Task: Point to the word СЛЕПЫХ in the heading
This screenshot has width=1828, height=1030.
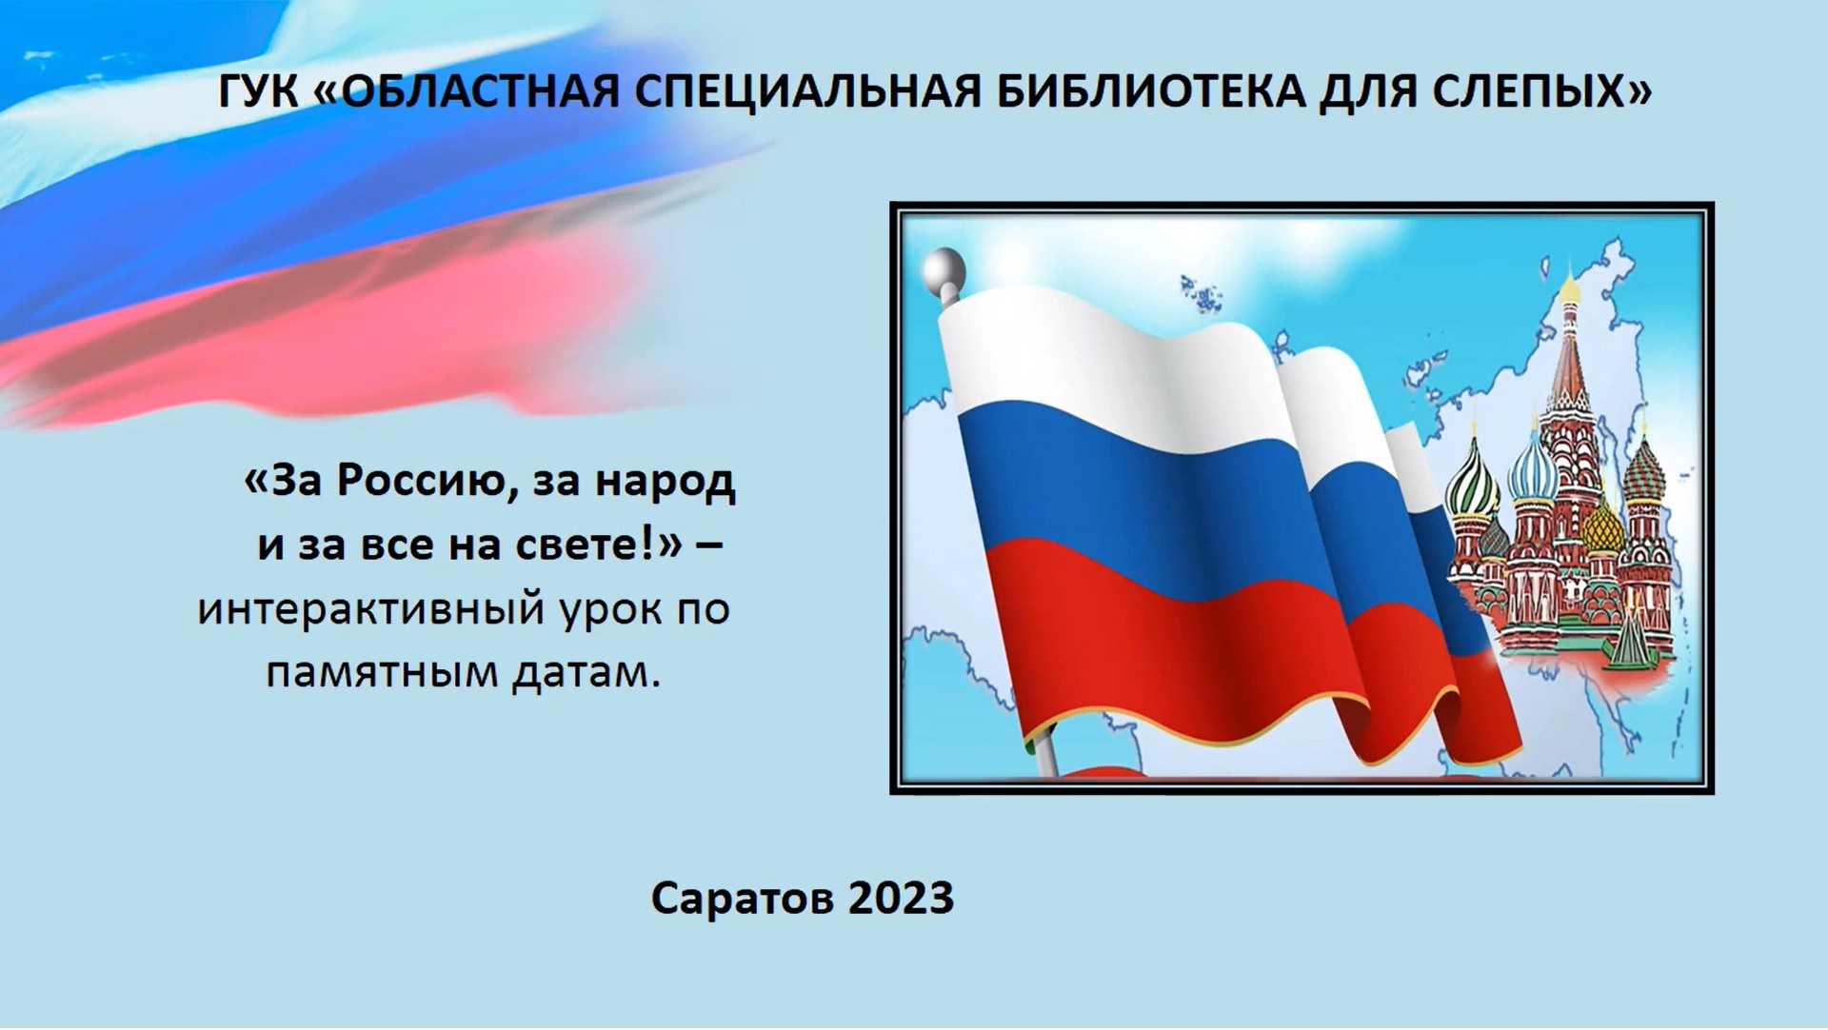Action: coord(1544,92)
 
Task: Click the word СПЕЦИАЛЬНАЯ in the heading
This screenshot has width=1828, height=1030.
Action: coord(808,92)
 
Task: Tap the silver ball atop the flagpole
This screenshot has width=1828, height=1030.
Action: coord(944,270)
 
